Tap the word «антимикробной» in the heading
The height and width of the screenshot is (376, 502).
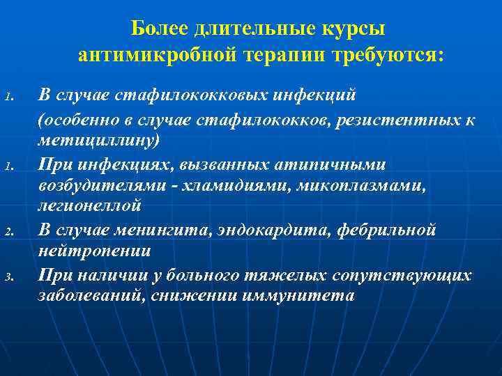(x=149, y=54)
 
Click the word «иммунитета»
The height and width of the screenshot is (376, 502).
(x=299, y=295)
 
